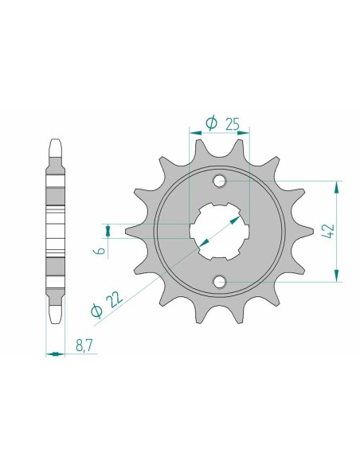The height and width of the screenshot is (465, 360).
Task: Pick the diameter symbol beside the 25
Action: [x=211, y=123]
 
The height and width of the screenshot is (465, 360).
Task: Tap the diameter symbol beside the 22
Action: [x=96, y=311]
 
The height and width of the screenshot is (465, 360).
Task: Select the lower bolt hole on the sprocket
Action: [x=221, y=280]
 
